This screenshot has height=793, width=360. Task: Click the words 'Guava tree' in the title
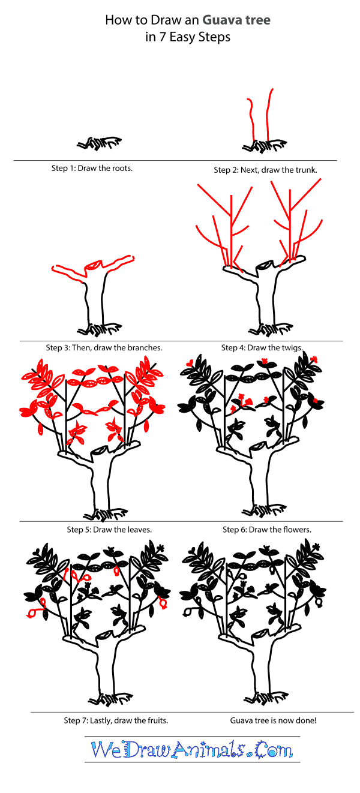[x=239, y=20]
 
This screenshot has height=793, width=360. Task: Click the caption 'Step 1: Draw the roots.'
[x=92, y=168]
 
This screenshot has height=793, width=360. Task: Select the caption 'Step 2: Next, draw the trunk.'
[x=265, y=170]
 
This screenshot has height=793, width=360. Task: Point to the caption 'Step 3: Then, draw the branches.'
[x=104, y=347]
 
